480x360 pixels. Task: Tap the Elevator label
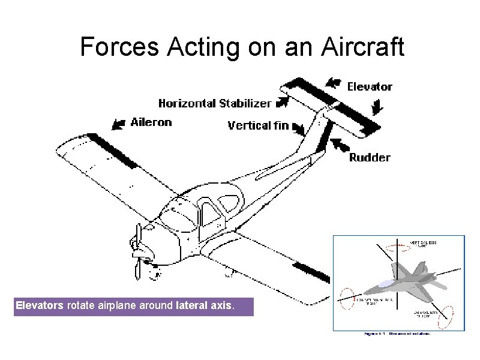pos(370,86)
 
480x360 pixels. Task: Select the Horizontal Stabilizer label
pos(214,103)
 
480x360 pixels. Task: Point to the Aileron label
pos(151,122)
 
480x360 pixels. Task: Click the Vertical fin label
pos(258,125)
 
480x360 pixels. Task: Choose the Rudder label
pos(370,158)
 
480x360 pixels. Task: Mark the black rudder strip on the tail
pos(323,136)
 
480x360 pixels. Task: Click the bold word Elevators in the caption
pos(39,305)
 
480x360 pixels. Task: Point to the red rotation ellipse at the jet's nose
pos(346,297)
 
